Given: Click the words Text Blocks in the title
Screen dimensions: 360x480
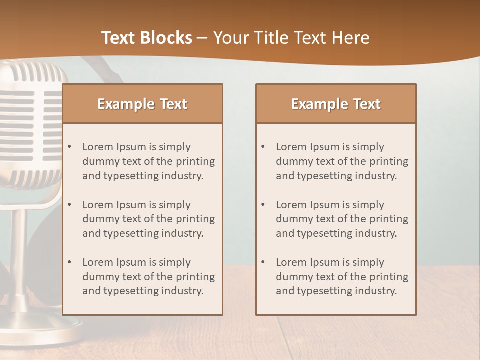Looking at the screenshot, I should tap(146, 38).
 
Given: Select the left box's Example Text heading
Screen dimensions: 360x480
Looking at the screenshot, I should tap(142, 104).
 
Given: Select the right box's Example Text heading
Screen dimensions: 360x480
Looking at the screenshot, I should tap(336, 104).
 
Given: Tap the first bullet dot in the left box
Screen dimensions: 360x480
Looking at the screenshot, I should tap(69, 147).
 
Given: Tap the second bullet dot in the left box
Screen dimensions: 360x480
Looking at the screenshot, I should tap(69, 205).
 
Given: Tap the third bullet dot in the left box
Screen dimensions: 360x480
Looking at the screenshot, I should tap(69, 262).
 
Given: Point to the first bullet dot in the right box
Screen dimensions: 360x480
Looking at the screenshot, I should tap(263, 147).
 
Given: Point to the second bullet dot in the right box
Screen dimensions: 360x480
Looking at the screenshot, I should tap(263, 205).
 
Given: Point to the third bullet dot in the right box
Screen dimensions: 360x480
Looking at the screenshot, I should tap(263, 262).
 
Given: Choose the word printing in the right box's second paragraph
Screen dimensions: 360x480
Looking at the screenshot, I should tap(388, 219).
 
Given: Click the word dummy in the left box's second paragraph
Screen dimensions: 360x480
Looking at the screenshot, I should tap(99, 219).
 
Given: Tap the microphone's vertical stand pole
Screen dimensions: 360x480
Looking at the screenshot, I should tap(19, 255).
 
